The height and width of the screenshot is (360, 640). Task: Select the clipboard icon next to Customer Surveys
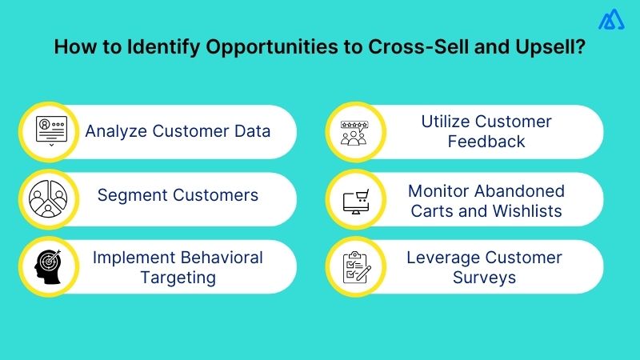(353, 266)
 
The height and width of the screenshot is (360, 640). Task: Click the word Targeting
(178, 277)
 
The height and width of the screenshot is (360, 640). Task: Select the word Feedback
(486, 142)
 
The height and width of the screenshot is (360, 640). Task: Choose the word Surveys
(486, 277)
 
